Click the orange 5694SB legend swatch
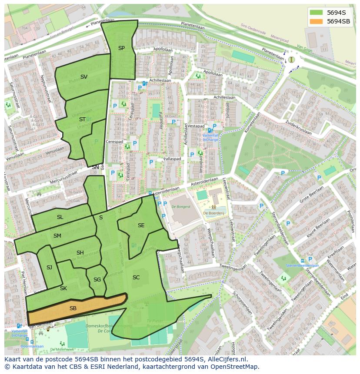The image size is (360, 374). point(317,21)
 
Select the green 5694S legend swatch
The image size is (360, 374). point(317,13)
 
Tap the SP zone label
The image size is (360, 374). point(121,48)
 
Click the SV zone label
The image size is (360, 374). point(84,77)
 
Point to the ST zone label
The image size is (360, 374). point(82,119)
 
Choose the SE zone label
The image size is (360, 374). point(141,225)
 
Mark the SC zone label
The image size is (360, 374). point(136,278)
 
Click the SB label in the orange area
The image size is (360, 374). point(73,308)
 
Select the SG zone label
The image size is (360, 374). point(97,280)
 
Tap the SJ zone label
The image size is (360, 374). point(49,268)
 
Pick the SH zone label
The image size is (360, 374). point(80,253)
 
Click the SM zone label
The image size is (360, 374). point(57,236)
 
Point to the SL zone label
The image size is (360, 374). point(60,217)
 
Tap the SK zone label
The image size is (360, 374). point(63,288)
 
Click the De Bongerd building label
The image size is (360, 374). point(180,207)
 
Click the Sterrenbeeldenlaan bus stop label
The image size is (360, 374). point(302,265)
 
